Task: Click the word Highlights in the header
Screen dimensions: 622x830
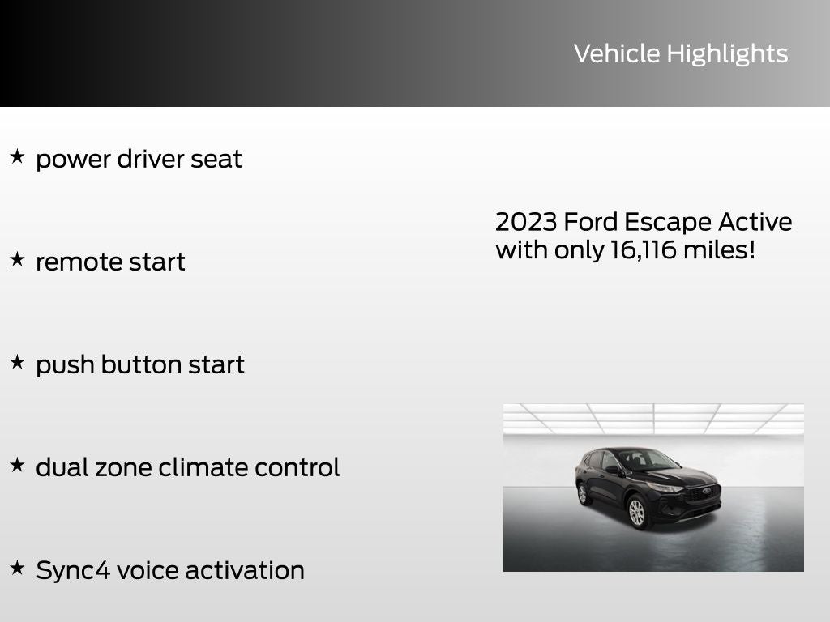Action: tap(727, 54)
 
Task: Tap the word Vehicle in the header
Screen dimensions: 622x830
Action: tap(617, 53)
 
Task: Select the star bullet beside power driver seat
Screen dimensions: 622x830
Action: tap(17, 156)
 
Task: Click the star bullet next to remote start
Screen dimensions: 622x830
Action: tap(17, 259)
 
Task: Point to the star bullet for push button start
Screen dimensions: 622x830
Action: tap(17, 362)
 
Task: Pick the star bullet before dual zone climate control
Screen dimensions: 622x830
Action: tap(17, 465)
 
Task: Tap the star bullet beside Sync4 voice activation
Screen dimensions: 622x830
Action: tap(17, 568)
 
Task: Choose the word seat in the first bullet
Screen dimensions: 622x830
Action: tap(216, 159)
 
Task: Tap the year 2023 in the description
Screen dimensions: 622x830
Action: tap(524, 222)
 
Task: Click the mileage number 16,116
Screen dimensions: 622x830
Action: tap(641, 250)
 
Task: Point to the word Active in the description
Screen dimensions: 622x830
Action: tap(754, 222)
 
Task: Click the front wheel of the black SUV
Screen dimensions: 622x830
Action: tap(637, 511)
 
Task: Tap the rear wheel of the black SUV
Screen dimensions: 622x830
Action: tap(583, 493)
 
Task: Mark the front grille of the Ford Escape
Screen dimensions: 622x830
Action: tap(704, 493)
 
